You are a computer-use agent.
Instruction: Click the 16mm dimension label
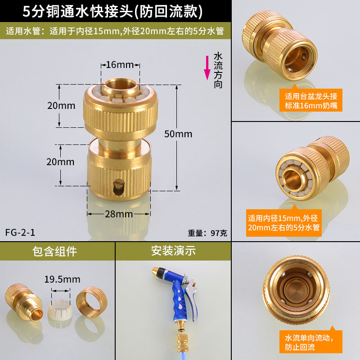point(120,65)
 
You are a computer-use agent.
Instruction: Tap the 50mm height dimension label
point(178,134)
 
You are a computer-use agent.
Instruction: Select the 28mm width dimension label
point(119,214)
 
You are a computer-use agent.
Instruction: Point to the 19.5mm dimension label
point(62,279)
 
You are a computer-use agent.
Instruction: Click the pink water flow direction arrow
point(207,68)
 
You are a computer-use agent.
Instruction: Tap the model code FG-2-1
point(20,233)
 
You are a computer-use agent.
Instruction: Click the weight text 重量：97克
point(207,233)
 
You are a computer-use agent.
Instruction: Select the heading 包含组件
point(54,251)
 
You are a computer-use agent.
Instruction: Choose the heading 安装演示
point(173,251)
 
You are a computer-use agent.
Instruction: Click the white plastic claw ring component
point(60,309)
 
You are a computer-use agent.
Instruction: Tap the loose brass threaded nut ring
point(92,299)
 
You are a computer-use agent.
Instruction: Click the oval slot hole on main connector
point(119,187)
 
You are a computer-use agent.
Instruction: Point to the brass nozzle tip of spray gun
point(155,271)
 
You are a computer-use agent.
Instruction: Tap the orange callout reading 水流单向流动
point(311,341)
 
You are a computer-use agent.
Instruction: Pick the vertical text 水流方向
point(218,71)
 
